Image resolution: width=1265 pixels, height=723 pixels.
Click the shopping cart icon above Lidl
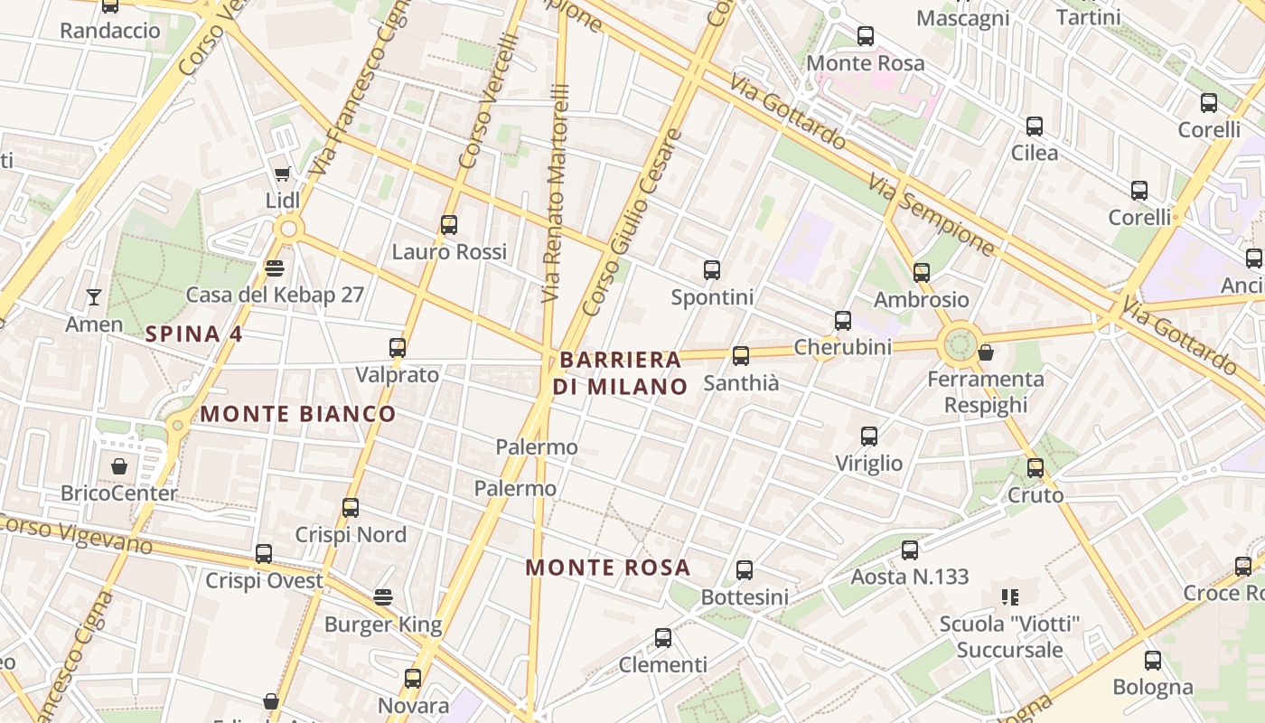tap(282, 174)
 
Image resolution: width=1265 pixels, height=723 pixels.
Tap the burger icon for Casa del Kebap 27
tap(275, 268)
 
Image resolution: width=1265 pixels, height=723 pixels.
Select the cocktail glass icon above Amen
tap(93, 296)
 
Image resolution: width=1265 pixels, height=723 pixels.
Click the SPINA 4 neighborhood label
tap(193, 333)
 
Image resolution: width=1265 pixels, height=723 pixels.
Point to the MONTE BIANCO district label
tap(297, 414)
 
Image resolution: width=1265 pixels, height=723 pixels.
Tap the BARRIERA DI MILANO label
tap(620, 372)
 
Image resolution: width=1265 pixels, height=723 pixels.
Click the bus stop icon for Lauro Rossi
tap(449, 224)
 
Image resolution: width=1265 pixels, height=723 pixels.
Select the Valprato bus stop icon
tap(397, 347)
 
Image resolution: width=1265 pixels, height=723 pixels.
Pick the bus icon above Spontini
tap(712, 269)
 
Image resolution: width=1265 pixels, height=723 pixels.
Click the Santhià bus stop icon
tap(741, 355)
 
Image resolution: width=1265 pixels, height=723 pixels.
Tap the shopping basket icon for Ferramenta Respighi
tap(986, 352)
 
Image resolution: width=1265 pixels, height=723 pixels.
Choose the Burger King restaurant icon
tap(383, 597)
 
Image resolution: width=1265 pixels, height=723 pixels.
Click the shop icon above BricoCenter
tap(119, 466)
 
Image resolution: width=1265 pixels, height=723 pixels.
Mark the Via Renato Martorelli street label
tap(557, 193)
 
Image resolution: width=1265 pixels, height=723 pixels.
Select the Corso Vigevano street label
tap(76, 533)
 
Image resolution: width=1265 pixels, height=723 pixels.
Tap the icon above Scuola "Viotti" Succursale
tap(1010, 596)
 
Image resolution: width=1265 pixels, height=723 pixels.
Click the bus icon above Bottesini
tap(745, 570)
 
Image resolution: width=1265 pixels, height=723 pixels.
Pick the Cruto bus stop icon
tap(1035, 468)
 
